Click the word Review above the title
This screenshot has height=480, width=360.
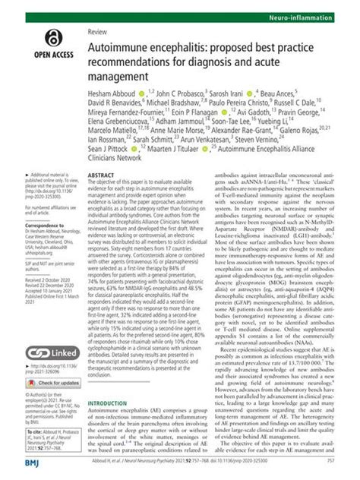coord(97,32)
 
